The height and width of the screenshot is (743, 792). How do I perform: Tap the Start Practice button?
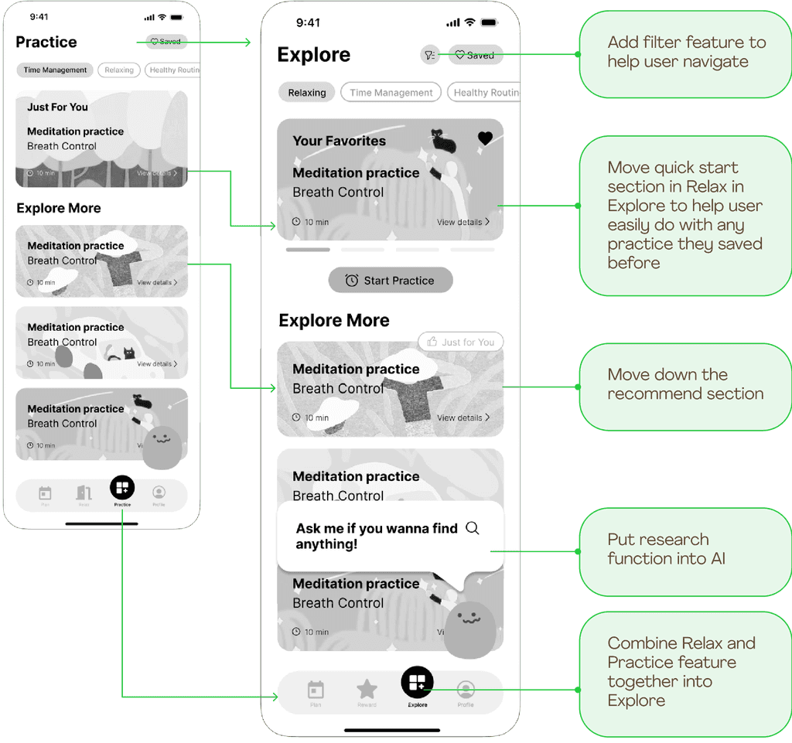pyautogui.click(x=391, y=281)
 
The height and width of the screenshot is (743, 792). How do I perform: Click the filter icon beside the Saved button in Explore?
pyautogui.click(x=430, y=55)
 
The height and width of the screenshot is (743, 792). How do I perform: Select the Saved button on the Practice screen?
pyautogui.click(x=166, y=42)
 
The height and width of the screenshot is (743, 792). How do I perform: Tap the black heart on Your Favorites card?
pyautogui.click(x=485, y=138)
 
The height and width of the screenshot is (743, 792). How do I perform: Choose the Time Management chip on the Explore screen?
pyautogui.click(x=391, y=93)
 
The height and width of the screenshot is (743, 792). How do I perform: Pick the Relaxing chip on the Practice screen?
pyautogui.click(x=119, y=70)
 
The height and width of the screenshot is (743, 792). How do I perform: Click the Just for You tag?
pyautogui.click(x=461, y=342)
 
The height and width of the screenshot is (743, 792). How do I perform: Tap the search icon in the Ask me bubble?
pyautogui.click(x=473, y=528)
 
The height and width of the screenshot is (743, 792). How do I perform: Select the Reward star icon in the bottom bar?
pyautogui.click(x=367, y=689)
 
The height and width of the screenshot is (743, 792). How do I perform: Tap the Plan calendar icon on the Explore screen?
pyautogui.click(x=316, y=690)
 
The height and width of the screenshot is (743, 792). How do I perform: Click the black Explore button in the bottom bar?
pyautogui.click(x=417, y=682)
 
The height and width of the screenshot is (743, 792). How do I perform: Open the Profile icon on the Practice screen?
pyautogui.click(x=159, y=492)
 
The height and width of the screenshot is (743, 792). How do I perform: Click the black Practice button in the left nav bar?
pyautogui.click(x=122, y=488)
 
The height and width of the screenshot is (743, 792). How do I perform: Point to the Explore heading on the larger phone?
pyautogui.click(x=313, y=55)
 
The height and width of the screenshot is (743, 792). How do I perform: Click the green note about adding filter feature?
pyautogui.click(x=686, y=52)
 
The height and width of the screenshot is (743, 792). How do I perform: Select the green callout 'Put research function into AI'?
pyautogui.click(x=684, y=550)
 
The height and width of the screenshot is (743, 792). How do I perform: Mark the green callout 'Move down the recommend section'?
pyautogui.click(x=684, y=385)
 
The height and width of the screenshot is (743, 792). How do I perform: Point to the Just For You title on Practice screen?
pyautogui.click(x=57, y=107)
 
